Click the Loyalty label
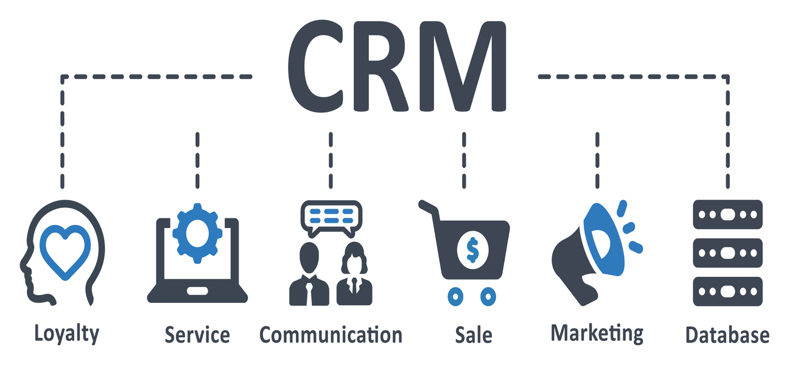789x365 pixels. point(66,335)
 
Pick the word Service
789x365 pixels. point(197,335)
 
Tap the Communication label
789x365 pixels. point(331,335)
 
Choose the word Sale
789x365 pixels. point(474,335)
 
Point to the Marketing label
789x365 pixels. point(597,333)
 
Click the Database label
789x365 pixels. point(728,335)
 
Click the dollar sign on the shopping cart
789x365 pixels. point(472,249)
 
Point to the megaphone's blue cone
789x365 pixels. point(603,240)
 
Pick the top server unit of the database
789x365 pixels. point(728,214)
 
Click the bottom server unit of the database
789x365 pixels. point(728,291)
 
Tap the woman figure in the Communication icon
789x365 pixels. point(354,274)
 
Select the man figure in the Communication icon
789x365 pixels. point(309,274)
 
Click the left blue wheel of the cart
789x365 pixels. point(455,297)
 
